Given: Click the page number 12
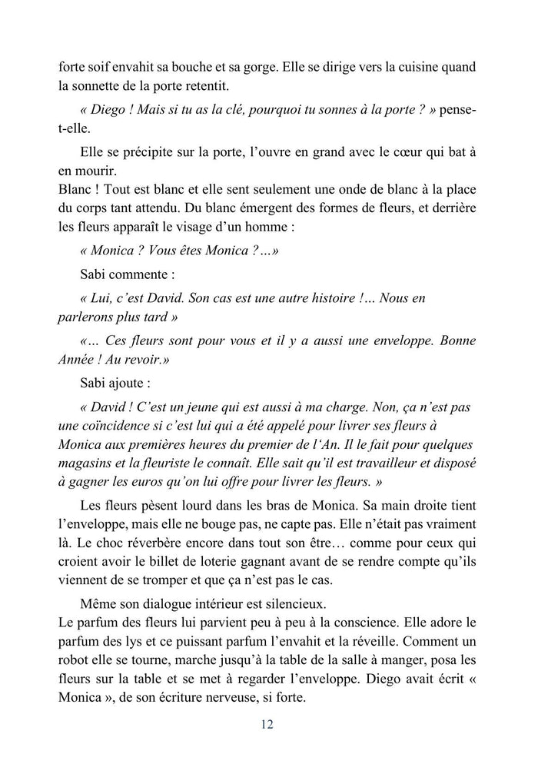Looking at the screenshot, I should [x=267, y=724].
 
